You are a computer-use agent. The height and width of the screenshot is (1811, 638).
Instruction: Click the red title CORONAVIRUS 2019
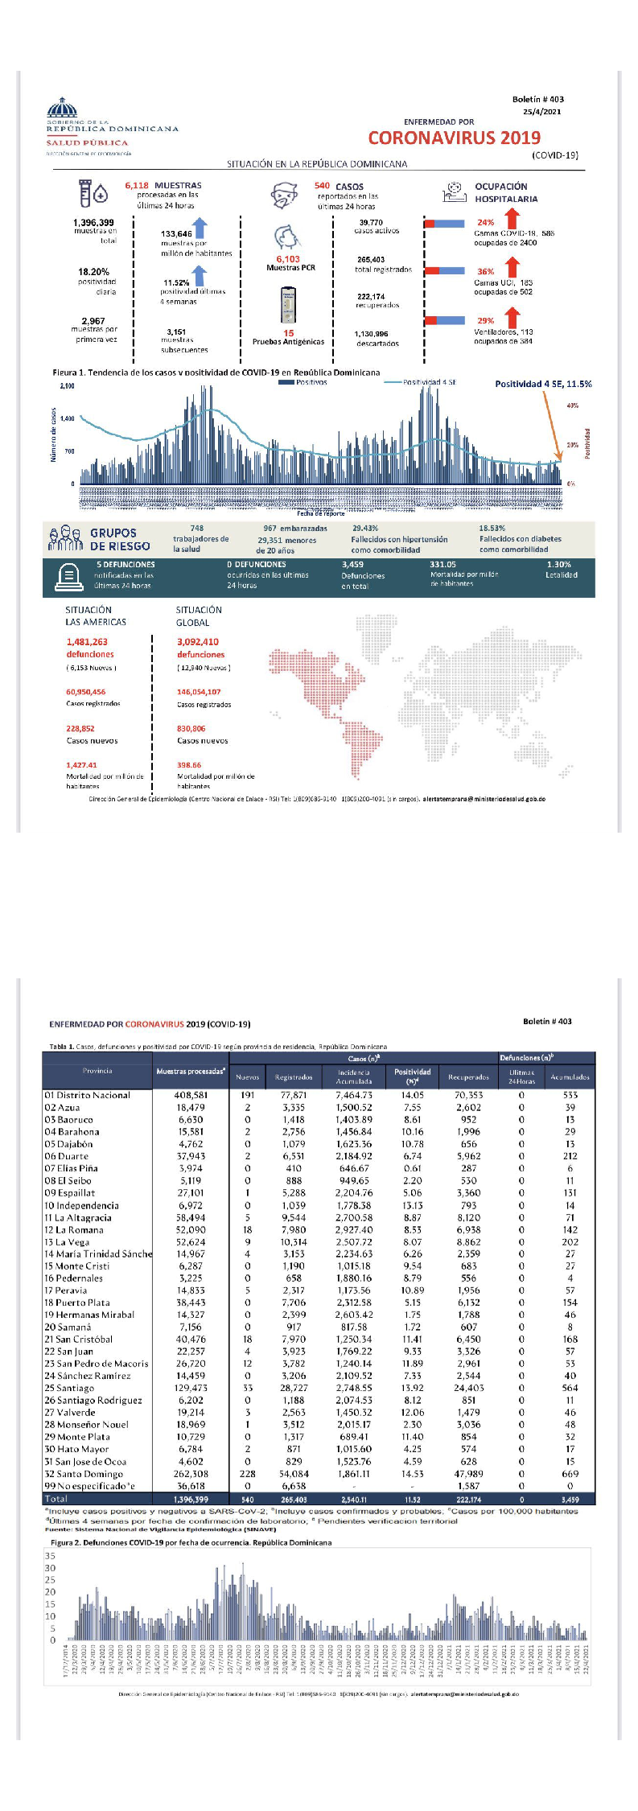(454, 138)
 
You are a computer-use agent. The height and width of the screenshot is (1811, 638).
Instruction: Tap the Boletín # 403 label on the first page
(537, 100)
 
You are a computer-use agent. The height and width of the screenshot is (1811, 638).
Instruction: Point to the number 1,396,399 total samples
(93, 223)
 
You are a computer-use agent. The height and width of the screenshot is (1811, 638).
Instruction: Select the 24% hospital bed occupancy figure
(486, 223)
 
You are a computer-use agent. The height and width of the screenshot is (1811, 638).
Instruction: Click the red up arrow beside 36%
(512, 266)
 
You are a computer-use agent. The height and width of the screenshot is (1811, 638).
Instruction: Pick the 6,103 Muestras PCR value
(288, 259)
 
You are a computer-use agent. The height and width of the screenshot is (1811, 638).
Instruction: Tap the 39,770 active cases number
(371, 223)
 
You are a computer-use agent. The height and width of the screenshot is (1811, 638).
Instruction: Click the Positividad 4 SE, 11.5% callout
(543, 384)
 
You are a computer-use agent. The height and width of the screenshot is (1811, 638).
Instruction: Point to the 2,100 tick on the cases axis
(67, 386)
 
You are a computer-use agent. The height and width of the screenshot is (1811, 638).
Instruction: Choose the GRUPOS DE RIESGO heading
(119, 539)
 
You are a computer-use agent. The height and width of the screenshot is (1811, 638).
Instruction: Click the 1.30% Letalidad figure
(558, 565)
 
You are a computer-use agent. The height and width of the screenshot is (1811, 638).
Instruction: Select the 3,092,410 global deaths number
(198, 642)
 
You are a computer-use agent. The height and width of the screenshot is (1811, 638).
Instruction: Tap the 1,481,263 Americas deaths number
(87, 642)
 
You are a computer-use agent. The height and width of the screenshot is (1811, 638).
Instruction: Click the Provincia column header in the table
(97, 1071)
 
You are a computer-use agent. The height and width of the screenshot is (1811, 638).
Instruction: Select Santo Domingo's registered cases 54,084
(294, 1474)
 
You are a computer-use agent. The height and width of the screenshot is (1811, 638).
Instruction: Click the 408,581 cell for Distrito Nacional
(191, 1095)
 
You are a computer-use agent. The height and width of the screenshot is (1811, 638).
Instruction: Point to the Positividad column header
(412, 1072)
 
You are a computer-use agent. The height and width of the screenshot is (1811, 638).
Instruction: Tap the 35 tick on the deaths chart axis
(51, 1556)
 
